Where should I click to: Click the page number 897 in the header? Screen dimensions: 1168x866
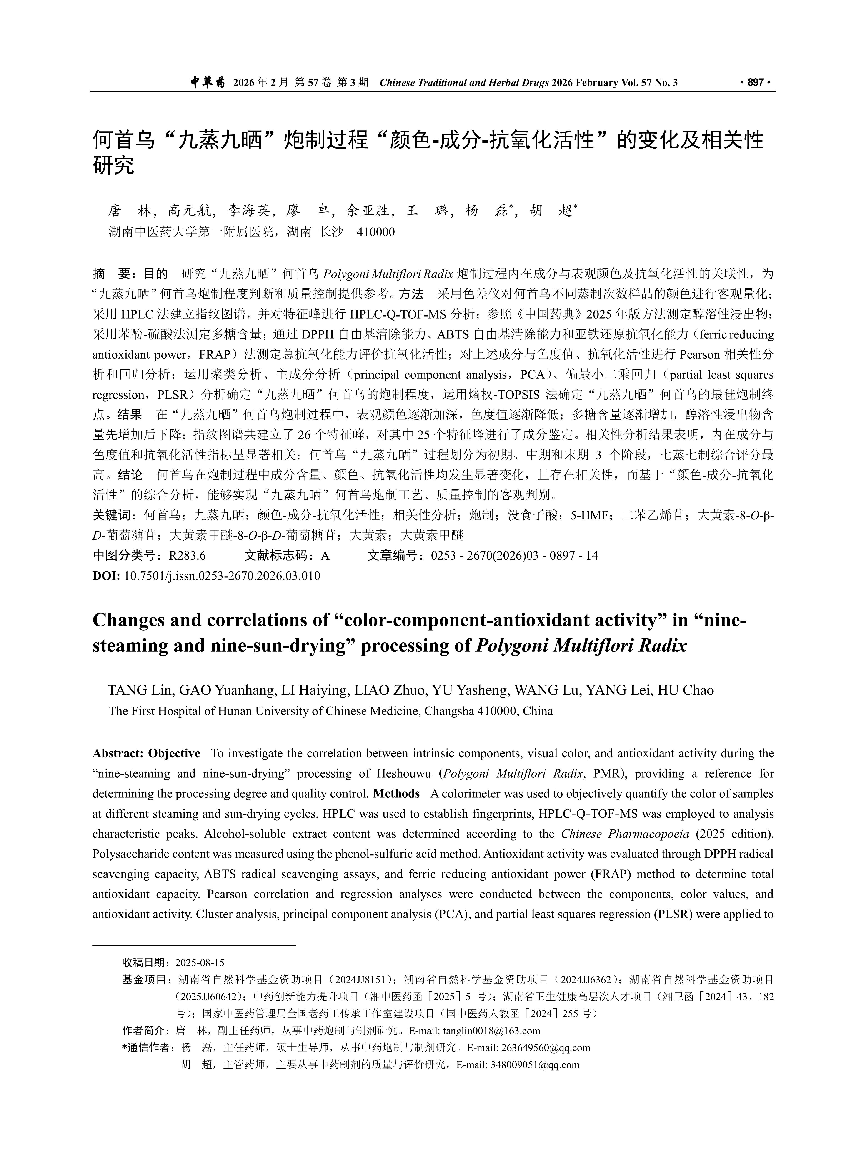[x=755, y=82]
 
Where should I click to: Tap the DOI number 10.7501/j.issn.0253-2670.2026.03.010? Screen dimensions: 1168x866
[x=221, y=576]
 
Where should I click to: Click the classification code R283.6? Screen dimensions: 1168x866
[x=187, y=556]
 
